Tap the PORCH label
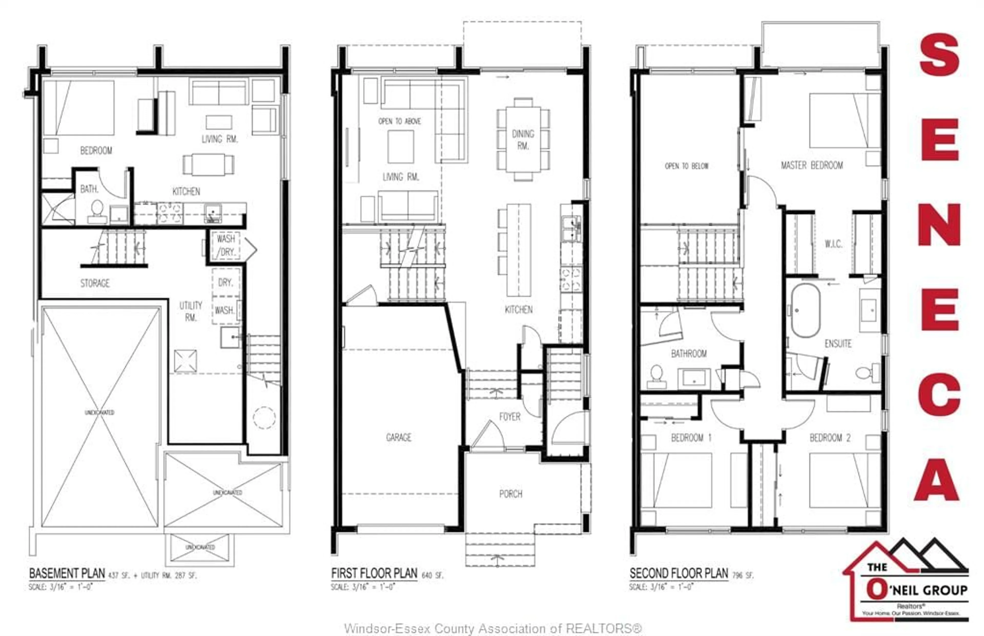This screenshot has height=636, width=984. tap(511, 494)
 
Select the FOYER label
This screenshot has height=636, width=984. tap(509, 417)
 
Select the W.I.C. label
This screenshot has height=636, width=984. tap(833, 244)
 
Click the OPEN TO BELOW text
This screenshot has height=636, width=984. tap(686, 166)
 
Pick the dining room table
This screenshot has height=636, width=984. tap(523, 139)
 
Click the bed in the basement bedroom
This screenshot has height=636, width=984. tap(78, 107)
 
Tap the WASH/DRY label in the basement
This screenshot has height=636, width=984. tap(225, 245)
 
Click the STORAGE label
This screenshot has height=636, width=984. tap(95, 283)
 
